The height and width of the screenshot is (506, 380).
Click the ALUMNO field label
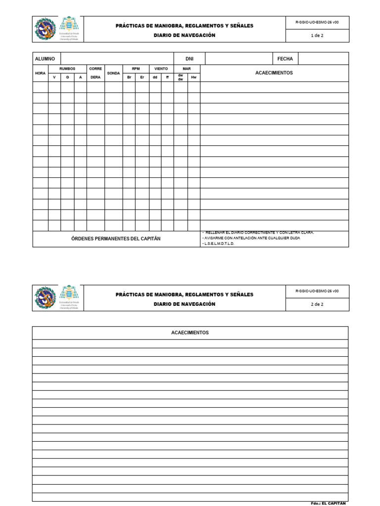coord(45,59)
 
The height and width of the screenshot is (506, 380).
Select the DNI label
coord(189,59)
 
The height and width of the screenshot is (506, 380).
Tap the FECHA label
coord(285,59)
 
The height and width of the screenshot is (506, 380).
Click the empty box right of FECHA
coord(324,59)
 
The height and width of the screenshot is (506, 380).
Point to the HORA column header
coord(40,73)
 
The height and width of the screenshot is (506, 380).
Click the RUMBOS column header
coord(67,69)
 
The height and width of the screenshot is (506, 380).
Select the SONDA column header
coord(113,73)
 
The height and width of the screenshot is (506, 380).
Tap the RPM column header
coord(136,69)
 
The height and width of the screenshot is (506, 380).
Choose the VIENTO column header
coord(161,69)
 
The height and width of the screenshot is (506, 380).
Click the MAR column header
coord(187,69)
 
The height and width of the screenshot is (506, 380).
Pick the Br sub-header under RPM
coord(129,77)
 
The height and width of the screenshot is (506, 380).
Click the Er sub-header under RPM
coord(142,77)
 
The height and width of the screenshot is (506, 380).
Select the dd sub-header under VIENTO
coord(155,77)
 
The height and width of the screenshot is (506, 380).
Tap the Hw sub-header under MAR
coord(193,77)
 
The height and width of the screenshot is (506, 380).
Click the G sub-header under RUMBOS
coord(67,77)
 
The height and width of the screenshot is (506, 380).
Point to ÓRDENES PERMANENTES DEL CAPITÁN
coord(116,239)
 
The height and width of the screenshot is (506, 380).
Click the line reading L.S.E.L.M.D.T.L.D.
coord(220,244)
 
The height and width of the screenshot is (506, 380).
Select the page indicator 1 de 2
coord(317,36)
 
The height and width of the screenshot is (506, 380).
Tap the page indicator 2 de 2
coord(317,304)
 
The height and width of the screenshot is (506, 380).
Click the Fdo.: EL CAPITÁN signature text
coord(329,503)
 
